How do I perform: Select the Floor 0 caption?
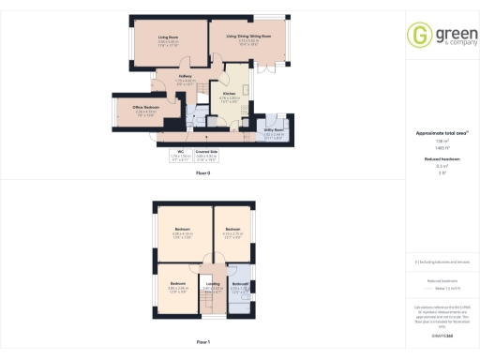[x=203, y=173]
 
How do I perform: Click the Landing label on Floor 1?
[x=213, y=284]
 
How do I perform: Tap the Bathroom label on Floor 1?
[x=239, y=283]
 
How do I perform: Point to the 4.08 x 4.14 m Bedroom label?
[x=182, y=230]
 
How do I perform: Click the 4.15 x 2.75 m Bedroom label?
[x=232, y=230]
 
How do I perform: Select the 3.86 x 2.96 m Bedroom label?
[x=178, y=283]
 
